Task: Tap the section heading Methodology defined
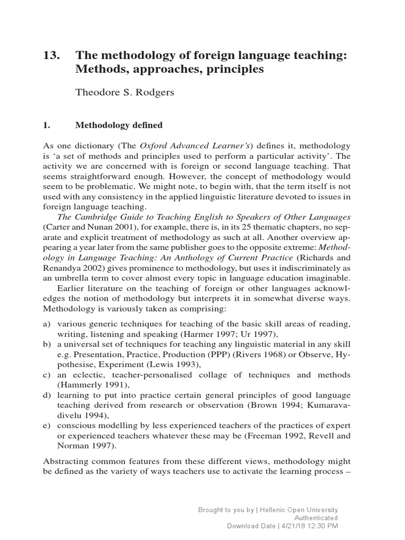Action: point(119,126)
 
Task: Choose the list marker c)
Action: point(47,375)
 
